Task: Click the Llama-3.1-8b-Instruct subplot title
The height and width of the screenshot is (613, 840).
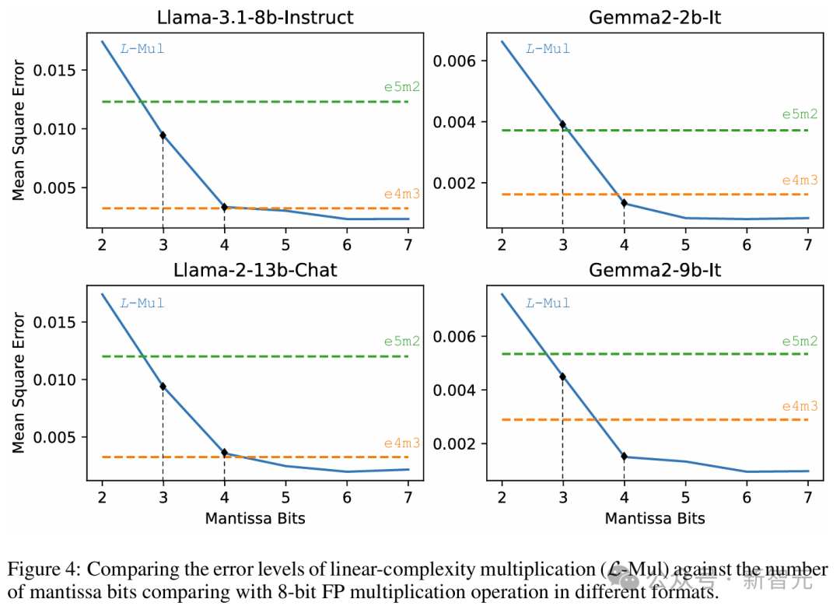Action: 255,16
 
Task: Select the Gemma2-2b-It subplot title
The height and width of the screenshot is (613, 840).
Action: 655,16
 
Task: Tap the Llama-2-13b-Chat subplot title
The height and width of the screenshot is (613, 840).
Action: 255,271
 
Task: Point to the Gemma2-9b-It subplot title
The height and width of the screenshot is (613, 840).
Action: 655,271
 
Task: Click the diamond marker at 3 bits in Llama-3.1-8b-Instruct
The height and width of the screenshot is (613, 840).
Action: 163,135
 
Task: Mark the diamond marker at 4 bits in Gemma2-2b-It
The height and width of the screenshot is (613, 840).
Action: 624,202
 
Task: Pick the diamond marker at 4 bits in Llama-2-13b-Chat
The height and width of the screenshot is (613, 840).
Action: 224,453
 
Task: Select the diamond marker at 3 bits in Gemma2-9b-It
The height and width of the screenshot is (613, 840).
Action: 562,377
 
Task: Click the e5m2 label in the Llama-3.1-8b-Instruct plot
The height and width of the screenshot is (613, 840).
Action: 401,86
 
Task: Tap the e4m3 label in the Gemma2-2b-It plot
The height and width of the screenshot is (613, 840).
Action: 800,180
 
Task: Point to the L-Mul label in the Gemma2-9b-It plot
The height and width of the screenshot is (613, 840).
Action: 548,303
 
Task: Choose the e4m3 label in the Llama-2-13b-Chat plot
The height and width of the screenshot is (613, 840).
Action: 401,443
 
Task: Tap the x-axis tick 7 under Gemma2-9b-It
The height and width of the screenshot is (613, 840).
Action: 808,498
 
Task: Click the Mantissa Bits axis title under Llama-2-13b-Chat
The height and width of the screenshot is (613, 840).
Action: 255,518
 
